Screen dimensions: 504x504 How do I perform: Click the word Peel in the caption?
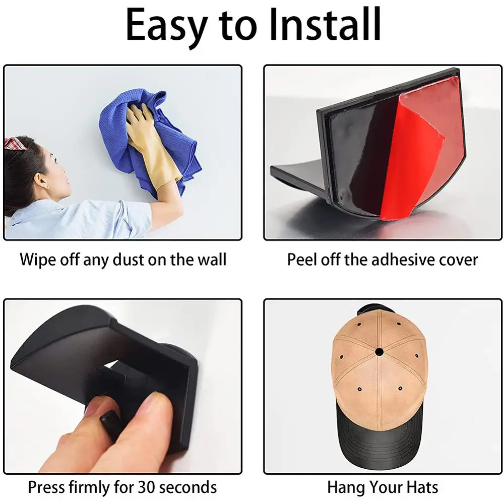(x=302, y=260)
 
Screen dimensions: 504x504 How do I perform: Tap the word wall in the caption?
(x=212, y=260)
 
